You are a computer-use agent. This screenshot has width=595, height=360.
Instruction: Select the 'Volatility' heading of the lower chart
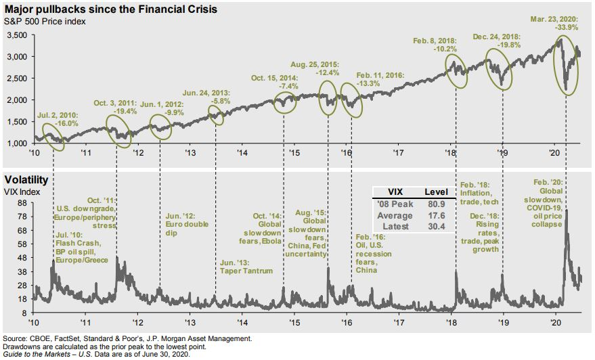(26, 181)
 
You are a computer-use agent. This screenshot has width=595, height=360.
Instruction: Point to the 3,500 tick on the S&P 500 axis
(17, 35)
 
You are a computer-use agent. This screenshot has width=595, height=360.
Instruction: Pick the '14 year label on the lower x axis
(242, 323)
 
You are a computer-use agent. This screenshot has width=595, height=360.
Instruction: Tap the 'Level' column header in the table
(434, 191)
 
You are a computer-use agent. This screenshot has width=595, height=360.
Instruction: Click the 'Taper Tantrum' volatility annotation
(246, 271)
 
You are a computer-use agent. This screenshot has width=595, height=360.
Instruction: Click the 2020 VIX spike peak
(565, 211)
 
